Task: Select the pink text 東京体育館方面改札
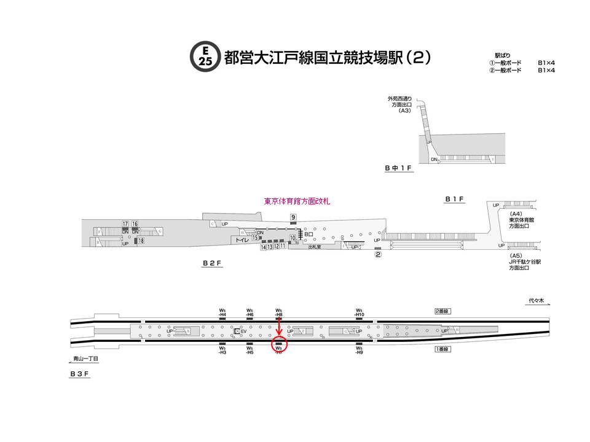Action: pos(297,201)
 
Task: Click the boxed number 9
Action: pos(294,217)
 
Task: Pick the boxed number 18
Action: pos(141,241)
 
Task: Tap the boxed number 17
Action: pos(125,223)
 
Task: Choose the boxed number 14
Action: pos(263,247)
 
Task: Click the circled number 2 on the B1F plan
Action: pos(379,255)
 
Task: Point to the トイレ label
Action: pos(242,241)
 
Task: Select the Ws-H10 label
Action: pos(360,312)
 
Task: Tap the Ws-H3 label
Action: pos(222,352)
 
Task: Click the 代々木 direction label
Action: pos(537,301)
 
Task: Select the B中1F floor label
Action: pos(399,168)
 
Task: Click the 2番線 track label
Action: pos(443,312)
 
